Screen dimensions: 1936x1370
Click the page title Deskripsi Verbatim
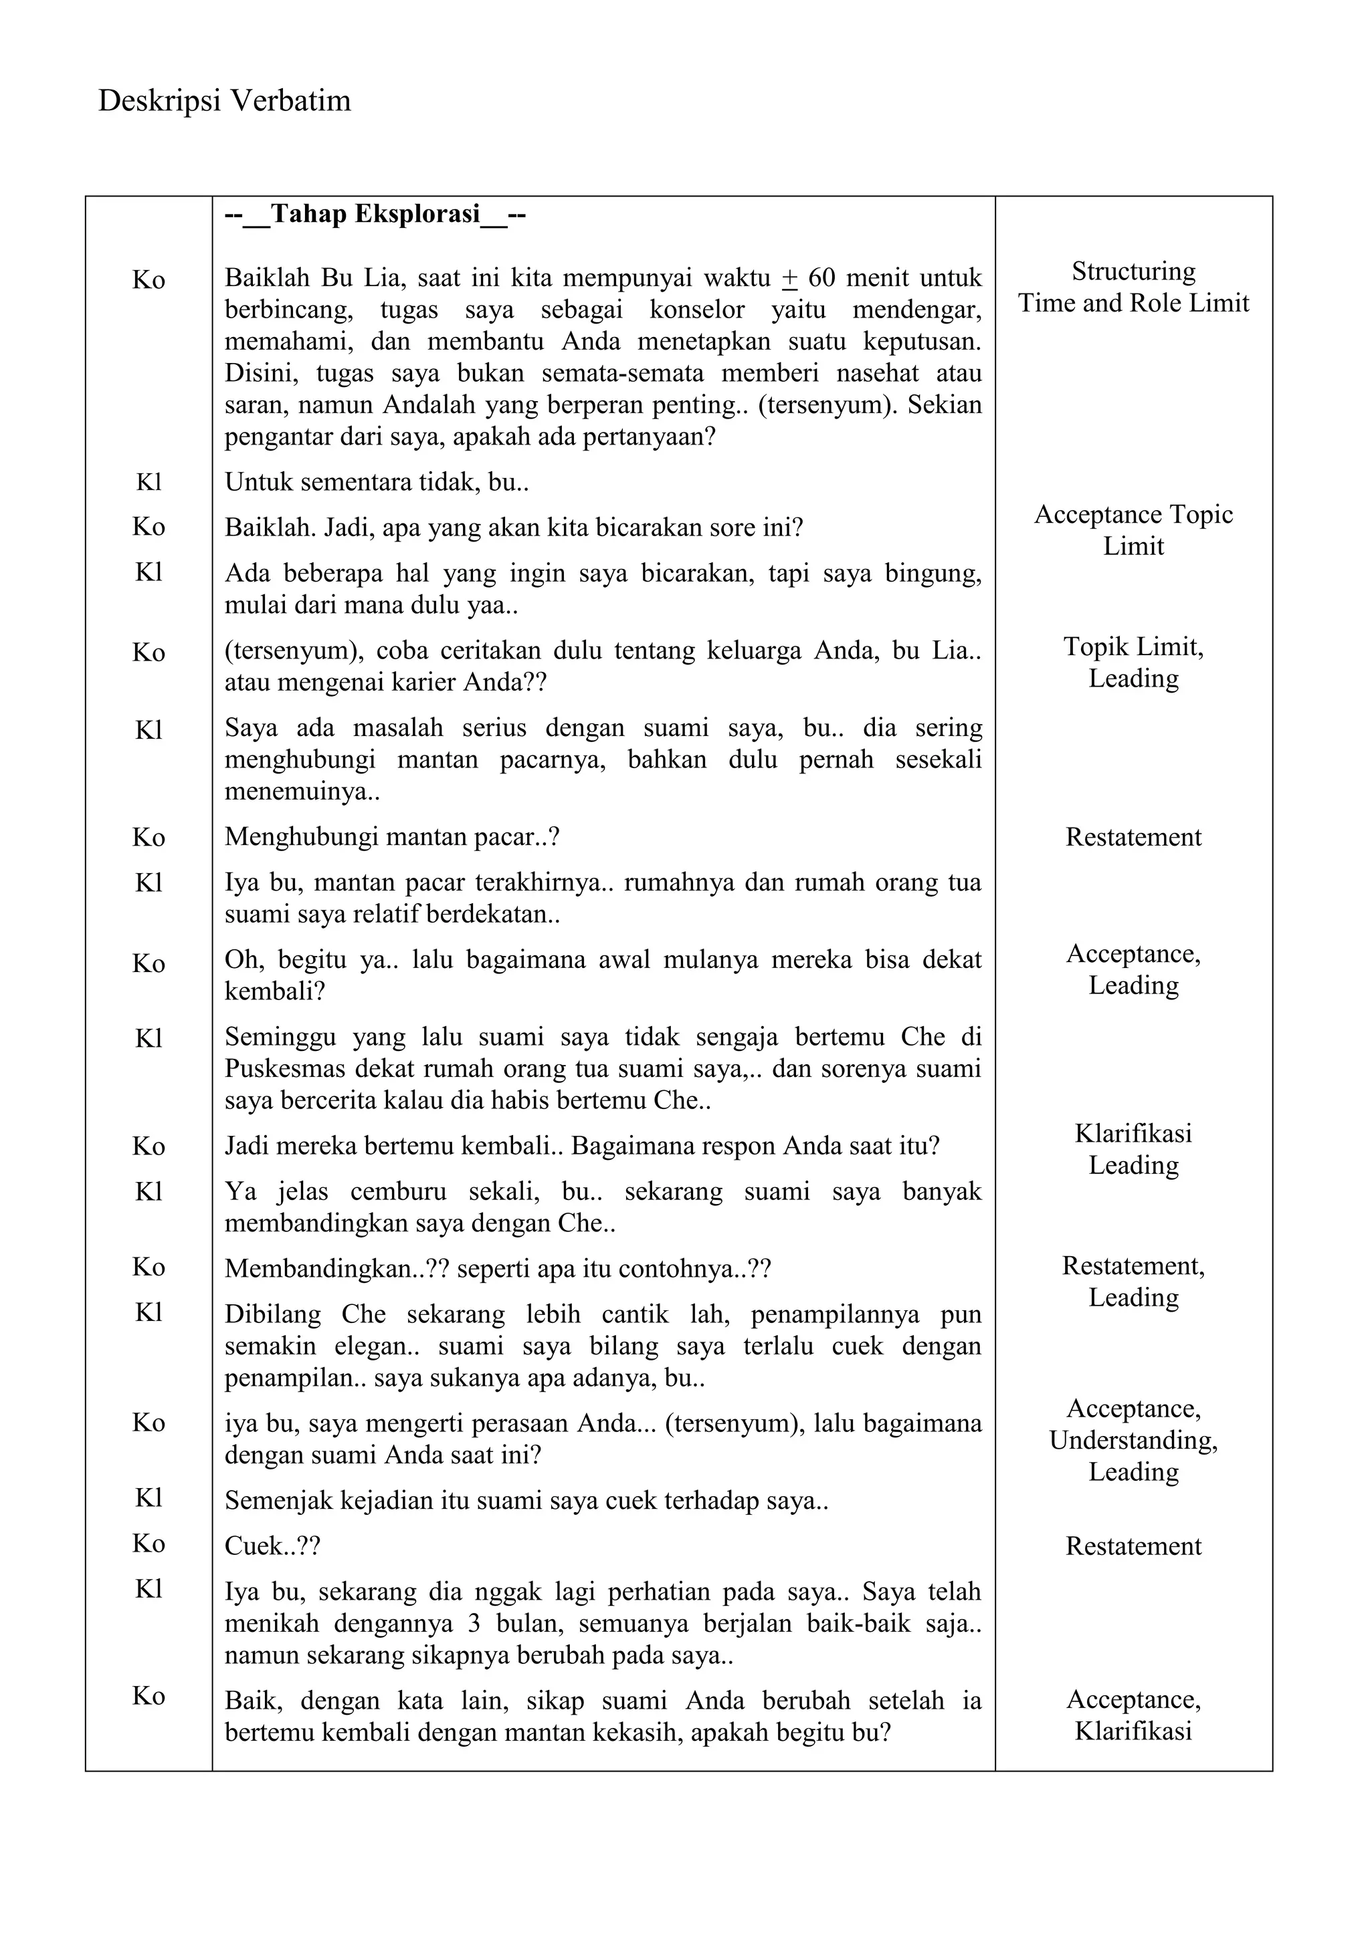coord(224,101)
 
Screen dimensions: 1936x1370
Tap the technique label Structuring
coord(1133,271)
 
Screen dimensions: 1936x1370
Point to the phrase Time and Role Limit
coord(1133,304)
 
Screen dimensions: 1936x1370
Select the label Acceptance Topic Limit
coord(1133,529)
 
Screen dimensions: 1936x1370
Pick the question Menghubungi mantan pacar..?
coord(391,837)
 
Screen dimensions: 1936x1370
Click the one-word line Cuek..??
coord(272,1546)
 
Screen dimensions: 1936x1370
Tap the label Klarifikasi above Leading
coord(1133,1133)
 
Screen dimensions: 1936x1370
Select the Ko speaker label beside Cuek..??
coord(149,1543)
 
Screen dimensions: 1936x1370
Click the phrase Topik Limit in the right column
coord(1133,646)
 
